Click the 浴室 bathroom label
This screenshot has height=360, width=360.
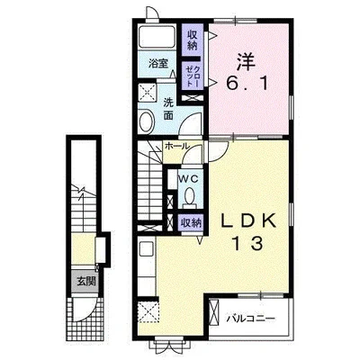pos(158,63)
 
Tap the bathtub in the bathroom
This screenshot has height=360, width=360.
pos(157,36)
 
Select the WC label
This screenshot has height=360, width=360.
pos(189,179)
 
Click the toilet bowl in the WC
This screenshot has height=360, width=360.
pos(189,196)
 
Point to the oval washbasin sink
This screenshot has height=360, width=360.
pos(147,122)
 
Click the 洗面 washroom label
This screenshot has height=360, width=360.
pos(168,109)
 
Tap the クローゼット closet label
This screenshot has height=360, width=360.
pos(193,76)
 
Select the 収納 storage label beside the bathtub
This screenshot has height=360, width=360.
pos(193,40)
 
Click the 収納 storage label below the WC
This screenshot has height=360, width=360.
pos(190,223)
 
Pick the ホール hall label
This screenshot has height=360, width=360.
pos(177,146)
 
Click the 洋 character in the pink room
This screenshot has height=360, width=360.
pos(247,62)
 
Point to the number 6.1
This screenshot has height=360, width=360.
pos(247,83)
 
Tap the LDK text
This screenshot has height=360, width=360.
pos(247,221)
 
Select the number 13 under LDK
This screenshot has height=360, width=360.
pos(248,244)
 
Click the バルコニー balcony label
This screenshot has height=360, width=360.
pos(250,318)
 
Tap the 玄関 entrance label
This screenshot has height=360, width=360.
pos(86,282)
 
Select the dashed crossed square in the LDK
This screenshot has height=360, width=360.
pos(148,311)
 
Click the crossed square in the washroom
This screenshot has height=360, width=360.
pos(148,92)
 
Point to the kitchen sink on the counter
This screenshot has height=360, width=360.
pos(147,248)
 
